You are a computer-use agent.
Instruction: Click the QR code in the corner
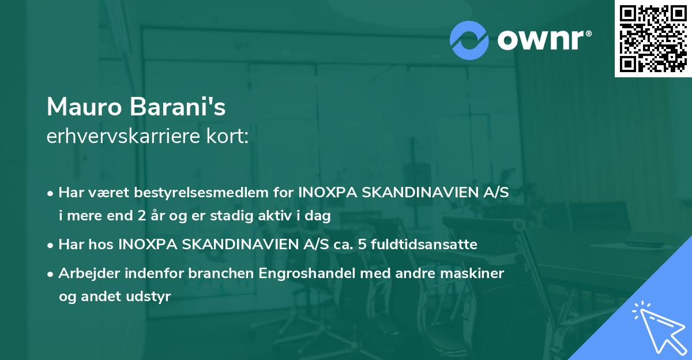pyautogui.click(x=653, y=38)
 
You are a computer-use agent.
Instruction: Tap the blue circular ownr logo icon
pyautogui.click(x=470, y=40)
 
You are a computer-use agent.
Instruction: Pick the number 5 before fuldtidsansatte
pyautogui.click(x=362, y=244)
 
